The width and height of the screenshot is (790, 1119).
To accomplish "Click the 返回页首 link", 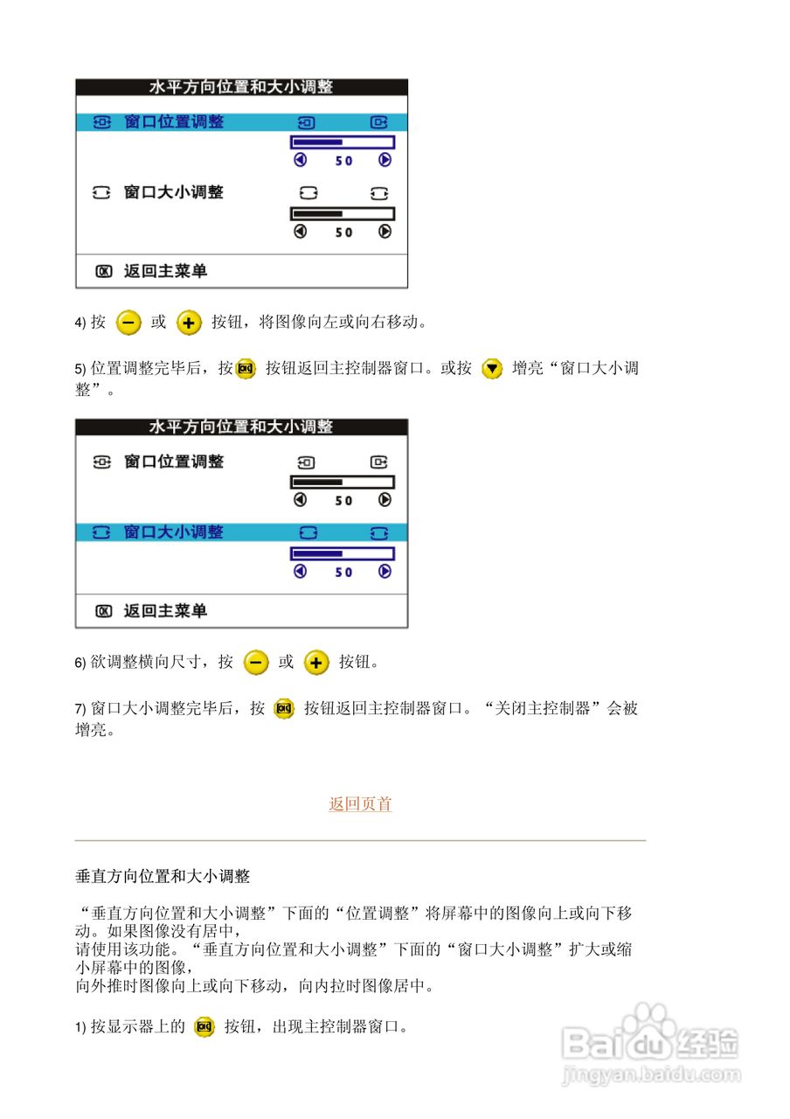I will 360,804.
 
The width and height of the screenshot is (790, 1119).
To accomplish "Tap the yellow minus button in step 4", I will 128,323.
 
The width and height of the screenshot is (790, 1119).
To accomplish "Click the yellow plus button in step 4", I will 189,323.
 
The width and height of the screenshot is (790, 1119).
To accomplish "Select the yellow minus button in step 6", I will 256,663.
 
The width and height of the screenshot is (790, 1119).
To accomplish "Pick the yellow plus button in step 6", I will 315,663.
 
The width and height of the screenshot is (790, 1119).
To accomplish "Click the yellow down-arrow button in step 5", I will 493,368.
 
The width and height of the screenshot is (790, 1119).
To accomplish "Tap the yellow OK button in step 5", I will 246,368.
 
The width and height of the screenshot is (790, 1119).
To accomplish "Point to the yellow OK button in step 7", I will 284,709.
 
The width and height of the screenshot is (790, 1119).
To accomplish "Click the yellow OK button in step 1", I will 204,1027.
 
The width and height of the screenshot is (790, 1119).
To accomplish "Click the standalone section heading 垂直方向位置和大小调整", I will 163,876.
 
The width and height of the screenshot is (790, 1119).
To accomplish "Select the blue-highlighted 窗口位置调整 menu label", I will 174,122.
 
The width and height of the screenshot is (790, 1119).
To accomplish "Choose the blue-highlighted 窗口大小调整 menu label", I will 174,532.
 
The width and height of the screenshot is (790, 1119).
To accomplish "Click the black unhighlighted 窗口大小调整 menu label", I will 174,192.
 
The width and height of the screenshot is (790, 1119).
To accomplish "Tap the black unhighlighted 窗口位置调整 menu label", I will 174,462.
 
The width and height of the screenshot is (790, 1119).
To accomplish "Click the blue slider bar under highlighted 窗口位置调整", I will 342,142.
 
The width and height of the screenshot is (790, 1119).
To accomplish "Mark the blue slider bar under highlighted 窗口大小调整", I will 342,553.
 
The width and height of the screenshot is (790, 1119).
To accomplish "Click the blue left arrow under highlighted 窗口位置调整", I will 301,161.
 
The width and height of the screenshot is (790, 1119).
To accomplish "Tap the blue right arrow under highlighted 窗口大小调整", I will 385,572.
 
